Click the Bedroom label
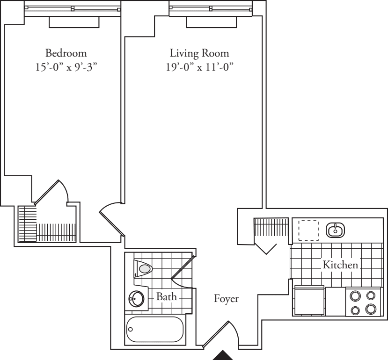pyautogui.click(x=66, y=52)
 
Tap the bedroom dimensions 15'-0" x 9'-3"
pyautogui.click(x=66, y=66)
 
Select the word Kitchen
pyautogui.click(x=340, y=265)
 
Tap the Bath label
pyautogui.click(x=167, y=296)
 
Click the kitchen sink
pyautogui.click(x=336, y=230)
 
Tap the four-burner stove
pyautogui.click(x=363, y=302)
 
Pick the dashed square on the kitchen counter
pyautogui.click(x=308, y=230)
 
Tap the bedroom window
pyautogui.click(x=72, y=8)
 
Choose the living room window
pyautogui.click(x=211, y=8)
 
